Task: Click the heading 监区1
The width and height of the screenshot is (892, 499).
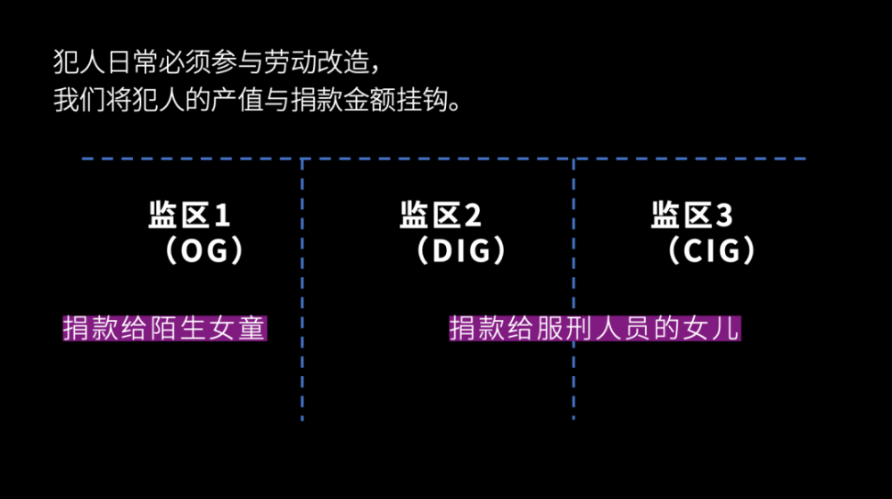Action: coord(189,216)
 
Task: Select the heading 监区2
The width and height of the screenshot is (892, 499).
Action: coord(441,216)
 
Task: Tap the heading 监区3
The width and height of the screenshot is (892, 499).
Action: coord(692,216)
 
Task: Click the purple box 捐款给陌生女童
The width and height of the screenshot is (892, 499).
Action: coord(165,328)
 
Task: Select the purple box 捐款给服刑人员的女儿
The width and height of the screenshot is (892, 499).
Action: coord(595,328)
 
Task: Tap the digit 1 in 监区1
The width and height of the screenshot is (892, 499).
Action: coord(222,216)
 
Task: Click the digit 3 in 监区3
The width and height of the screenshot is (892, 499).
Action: coord(724,216)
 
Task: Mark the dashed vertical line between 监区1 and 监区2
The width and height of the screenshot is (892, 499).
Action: coord(302,294)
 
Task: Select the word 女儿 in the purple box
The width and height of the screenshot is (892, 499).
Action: coord(720,328)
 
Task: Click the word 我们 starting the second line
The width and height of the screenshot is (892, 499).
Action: coord(76,99)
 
